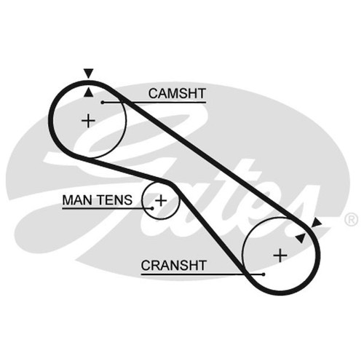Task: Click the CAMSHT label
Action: coord(177,94)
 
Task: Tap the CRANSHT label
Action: coord(174,266)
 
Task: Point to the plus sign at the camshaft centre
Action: coord(88,121)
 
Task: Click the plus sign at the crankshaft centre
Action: coord(280,256)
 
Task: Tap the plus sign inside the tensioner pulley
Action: coord(161,201)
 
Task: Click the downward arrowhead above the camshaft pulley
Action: coord(89,74)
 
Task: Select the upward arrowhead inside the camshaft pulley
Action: coord(89,92)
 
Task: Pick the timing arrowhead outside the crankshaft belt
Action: coord(316,223)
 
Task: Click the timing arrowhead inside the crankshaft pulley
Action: coord(301,238)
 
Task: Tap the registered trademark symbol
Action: coord(351,220)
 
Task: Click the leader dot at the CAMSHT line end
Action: coord(103,103)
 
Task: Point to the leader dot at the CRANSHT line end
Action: coord(264,274)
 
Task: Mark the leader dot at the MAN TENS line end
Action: coord(152,208)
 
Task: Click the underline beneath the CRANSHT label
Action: coord(202,274)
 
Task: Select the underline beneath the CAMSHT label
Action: coord(154,103)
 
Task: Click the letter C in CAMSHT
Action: coord(154,94)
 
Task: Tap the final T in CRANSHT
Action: coord(202,266)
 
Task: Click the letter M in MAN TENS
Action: coord(68,200)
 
